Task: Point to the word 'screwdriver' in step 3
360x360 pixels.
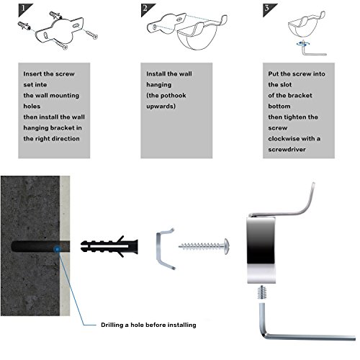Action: [287, 150]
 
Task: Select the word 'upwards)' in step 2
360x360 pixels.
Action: [161, 107]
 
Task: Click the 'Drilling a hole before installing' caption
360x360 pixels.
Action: [148, 325]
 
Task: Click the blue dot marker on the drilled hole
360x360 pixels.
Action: [57, 249]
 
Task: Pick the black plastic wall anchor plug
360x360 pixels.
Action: [109, 247]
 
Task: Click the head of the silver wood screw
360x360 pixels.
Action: [226, 246]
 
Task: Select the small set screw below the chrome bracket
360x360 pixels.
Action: [262, 292]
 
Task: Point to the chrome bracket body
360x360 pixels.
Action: [261, 250]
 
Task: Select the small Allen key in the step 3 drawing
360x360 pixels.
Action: [312, 53]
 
